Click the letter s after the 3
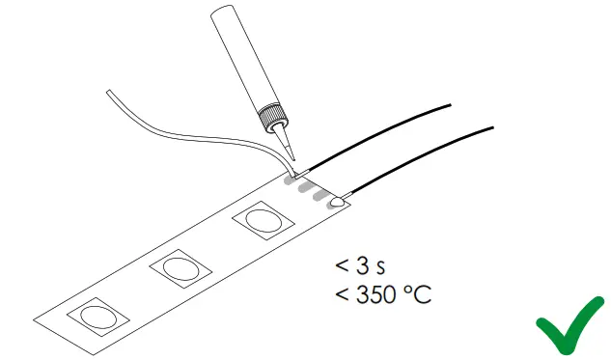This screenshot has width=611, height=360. [384, 265]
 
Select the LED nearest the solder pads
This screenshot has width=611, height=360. [262, 221]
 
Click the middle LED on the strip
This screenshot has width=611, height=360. [179, 266]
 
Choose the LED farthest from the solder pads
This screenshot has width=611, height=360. [96, 315]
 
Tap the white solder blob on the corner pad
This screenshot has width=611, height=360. [338, 204]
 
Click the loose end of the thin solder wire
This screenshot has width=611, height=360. [110, 92]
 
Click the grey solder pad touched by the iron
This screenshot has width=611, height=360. [290, 179]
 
